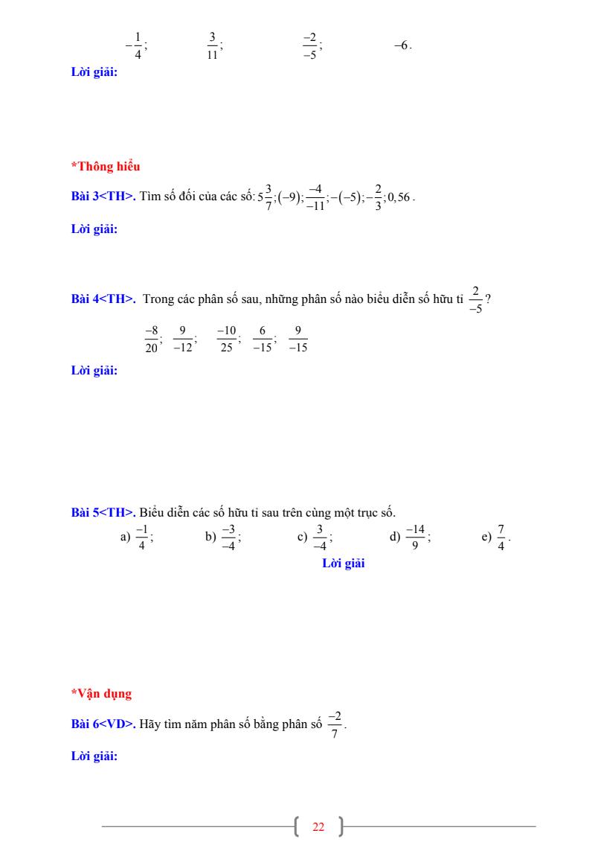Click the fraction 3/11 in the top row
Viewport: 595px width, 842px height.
213,45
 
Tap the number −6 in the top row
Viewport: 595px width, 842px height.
401,45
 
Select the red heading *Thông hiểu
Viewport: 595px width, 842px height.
106,167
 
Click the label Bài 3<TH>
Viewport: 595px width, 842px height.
103,197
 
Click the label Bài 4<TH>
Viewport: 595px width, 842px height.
103,299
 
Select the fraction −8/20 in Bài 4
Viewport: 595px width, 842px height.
152,339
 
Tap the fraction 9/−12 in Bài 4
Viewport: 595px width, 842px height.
183,339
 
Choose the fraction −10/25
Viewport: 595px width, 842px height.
226,339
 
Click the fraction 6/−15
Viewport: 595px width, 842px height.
263,339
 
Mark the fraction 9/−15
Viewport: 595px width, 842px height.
297,339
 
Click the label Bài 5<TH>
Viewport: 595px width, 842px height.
103,512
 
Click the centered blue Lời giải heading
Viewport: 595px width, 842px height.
343,564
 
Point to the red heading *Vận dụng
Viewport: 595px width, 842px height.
101,694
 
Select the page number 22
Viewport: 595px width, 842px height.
318,827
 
